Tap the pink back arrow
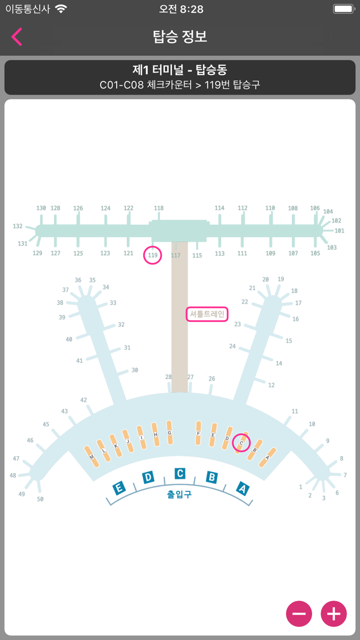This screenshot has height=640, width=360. click(16, 37)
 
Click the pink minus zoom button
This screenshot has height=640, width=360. click(299, 613)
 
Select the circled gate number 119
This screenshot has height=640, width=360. click(153, 255)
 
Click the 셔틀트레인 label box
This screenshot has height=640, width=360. click(207, 314)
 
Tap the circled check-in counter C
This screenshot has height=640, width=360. click(241, 443)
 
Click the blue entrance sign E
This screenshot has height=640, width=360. click(119, 488)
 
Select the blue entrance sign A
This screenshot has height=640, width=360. click(243, 489)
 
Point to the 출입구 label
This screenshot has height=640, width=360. click(179, 494)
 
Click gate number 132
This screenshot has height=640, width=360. click(17, 226)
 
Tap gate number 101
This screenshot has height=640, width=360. click(339, 230)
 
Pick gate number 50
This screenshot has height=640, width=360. click(40, 499)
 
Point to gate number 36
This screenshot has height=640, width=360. click(78, 280)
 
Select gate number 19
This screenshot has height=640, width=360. click(281, 279)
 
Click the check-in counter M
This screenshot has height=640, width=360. click(92, 456)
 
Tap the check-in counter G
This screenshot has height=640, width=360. click(169, 433)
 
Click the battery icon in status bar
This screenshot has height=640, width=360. click(344, 9)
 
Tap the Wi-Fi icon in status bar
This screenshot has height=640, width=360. click(61, 9)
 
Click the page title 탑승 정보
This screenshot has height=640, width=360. click(180, 37)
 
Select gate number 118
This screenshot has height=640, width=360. click(159, 208)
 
